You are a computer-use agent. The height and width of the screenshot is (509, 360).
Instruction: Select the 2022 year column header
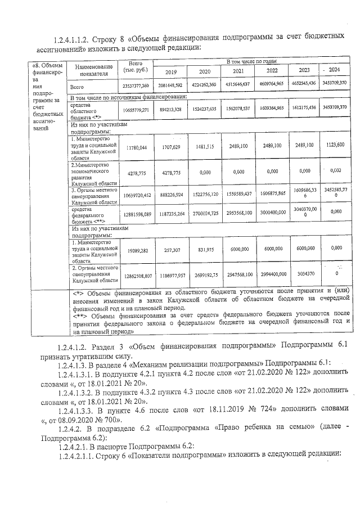[272, 71]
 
